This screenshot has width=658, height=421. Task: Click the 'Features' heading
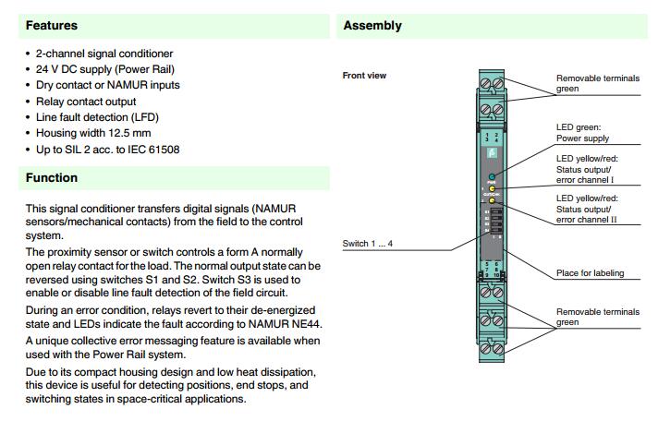point(52,26)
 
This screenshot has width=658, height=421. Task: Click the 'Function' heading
point(52,177)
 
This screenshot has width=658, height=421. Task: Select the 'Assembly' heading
point(372,26)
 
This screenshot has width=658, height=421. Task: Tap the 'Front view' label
point(364,76)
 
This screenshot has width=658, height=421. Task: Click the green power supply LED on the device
point(493,175)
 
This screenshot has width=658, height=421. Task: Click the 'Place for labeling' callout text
point(590,273)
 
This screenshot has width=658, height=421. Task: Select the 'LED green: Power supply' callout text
point(582,133)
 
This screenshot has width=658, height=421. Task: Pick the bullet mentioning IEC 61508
point(115,149)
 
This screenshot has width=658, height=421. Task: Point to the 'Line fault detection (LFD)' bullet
point(104,117)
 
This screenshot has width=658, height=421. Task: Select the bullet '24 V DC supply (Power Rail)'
point(104,69)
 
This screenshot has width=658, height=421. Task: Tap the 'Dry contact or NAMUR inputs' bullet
point(107,85)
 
